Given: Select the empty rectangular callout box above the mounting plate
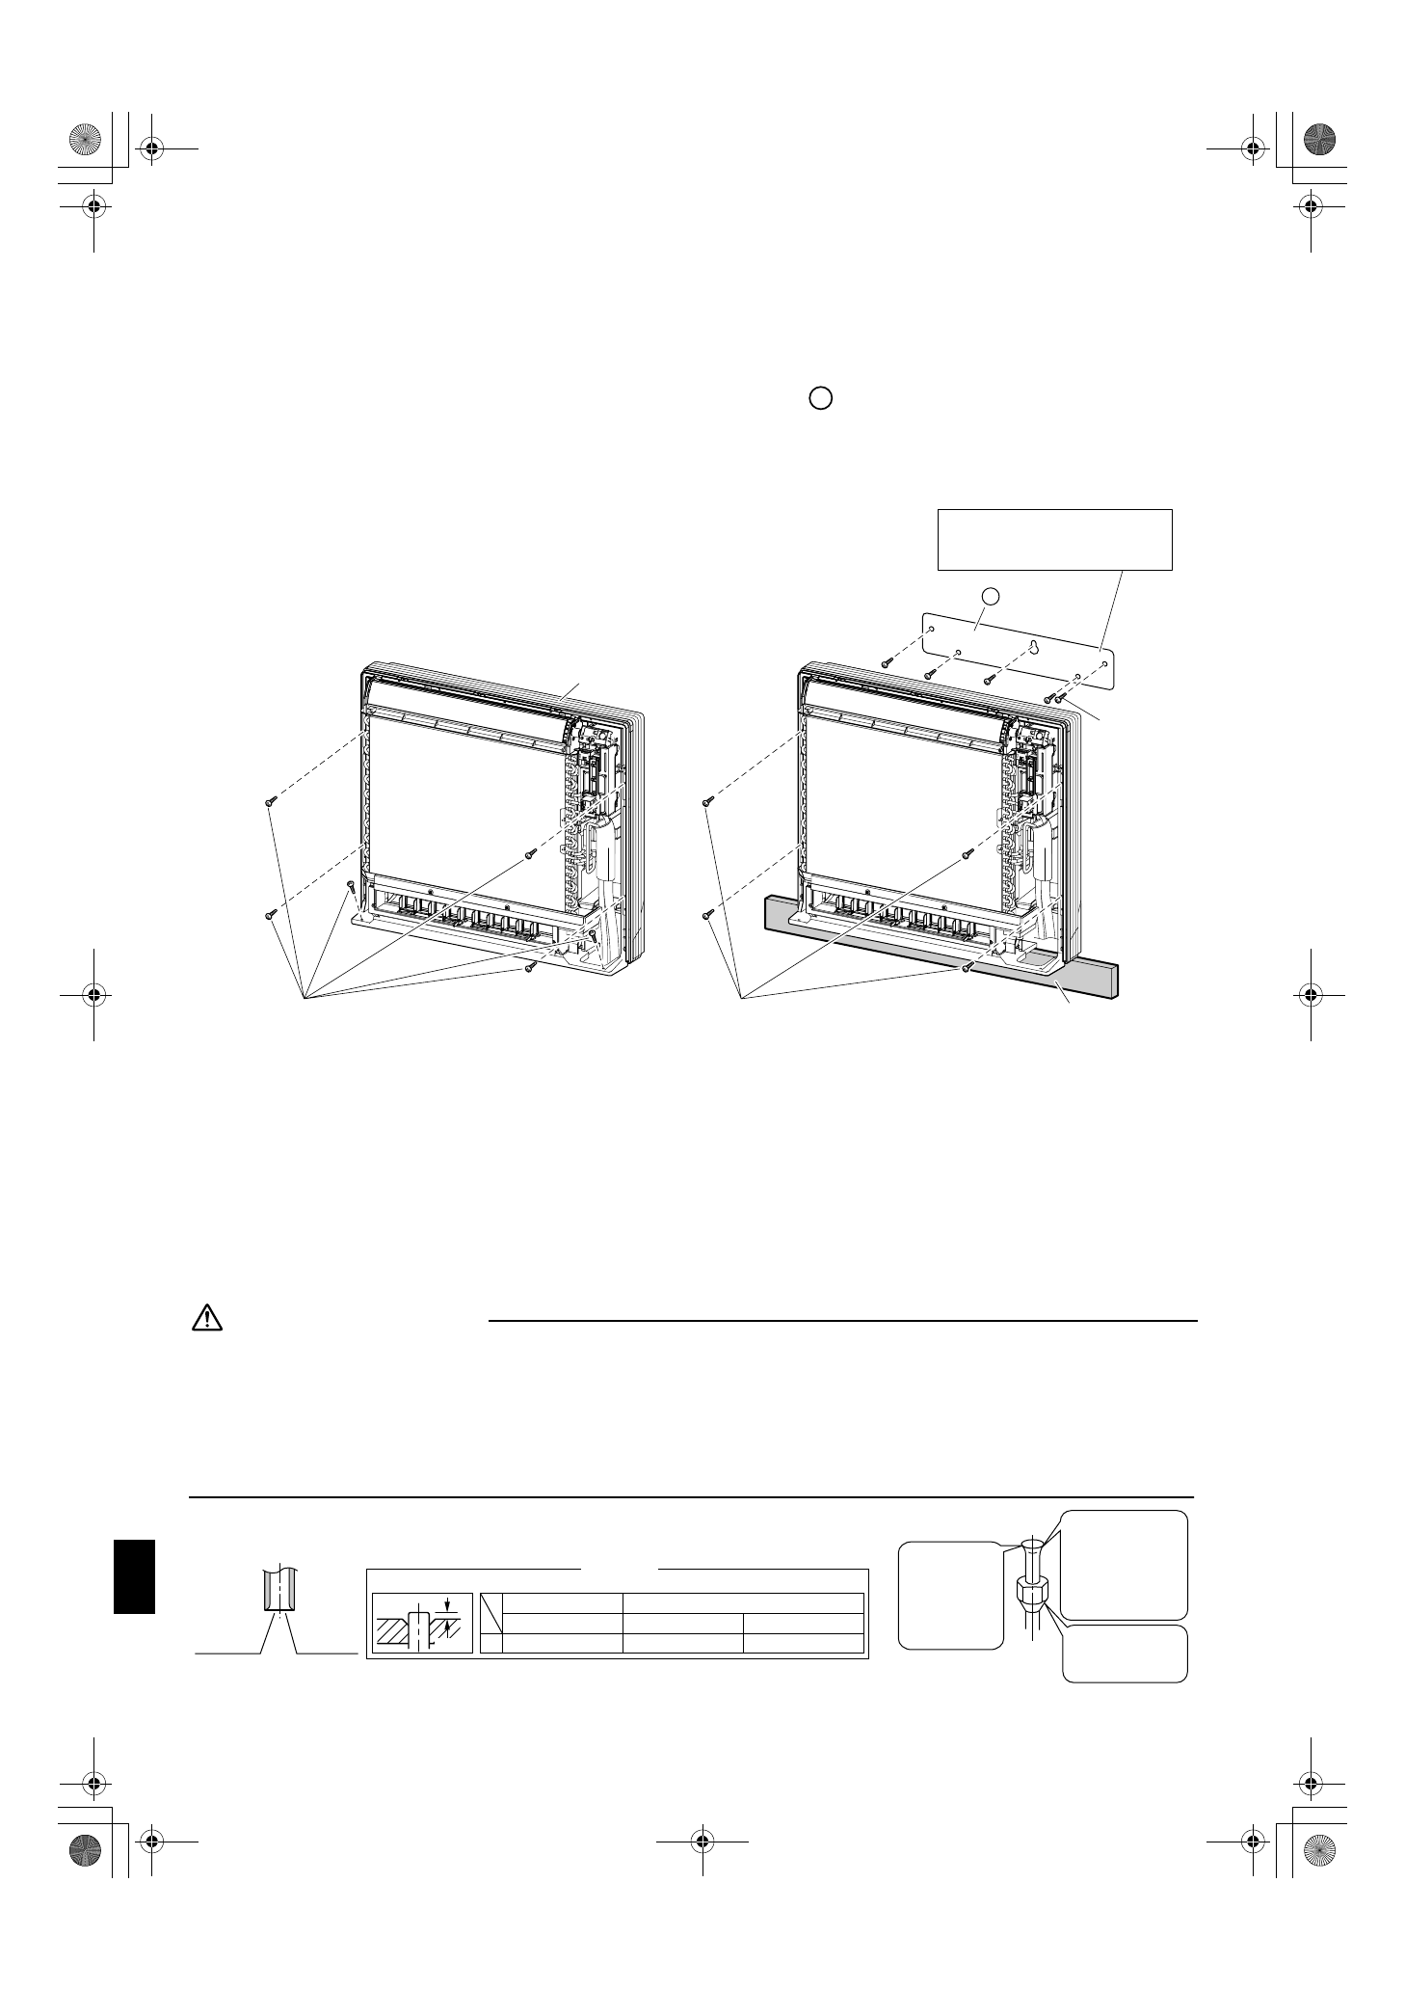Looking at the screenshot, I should tap(1054, 539).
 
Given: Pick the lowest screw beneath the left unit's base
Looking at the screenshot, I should tap(530, 967).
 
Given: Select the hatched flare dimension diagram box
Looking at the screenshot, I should tap(422, 1623).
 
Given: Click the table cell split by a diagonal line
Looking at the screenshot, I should tap(491, 1609).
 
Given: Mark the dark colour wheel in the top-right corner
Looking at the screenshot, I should tap(1321, 141).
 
